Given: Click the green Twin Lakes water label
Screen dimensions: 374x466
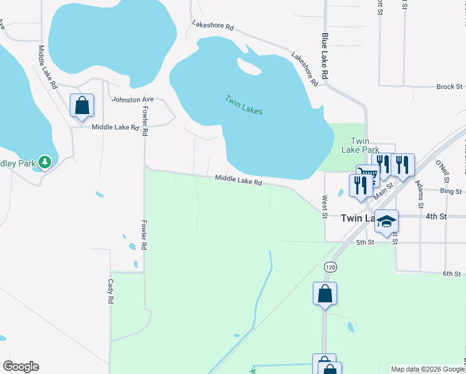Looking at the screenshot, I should pyautogui.click(x=244, y=105).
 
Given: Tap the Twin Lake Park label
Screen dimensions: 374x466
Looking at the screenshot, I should pyautogui.click(x=360, y=145).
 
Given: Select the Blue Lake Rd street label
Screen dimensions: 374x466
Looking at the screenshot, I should pyautogui.click(x=325, y=56).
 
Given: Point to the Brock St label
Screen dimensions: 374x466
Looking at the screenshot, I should pyautogui.click(x=449, y=87).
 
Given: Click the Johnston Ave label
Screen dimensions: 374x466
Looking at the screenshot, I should pyautogui.click(x=132, y=99).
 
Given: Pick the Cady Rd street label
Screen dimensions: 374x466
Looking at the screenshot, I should pyautogui.click(x=110, y=291).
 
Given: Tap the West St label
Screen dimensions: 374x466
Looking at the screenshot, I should pyautogui.click(x=325, y=207).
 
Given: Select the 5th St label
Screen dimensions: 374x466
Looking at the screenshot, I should pyautogui.click(x=364, y=242).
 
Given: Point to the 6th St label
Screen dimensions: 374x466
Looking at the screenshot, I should pyautogui.click(x=451, y=274).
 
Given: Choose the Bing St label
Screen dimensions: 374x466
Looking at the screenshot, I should pyautogui.click(x=448, y=191).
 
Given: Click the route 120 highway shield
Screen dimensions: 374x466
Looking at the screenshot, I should pyautogui.click(x=330, y=266).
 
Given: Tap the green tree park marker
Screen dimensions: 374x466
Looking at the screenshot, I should pyautogui.click(x=44, y=163).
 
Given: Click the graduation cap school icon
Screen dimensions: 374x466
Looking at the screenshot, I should pyautogui.click(x=386, y=221).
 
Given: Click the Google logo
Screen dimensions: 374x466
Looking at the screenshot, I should pyautogui.click(x=21, y=367).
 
